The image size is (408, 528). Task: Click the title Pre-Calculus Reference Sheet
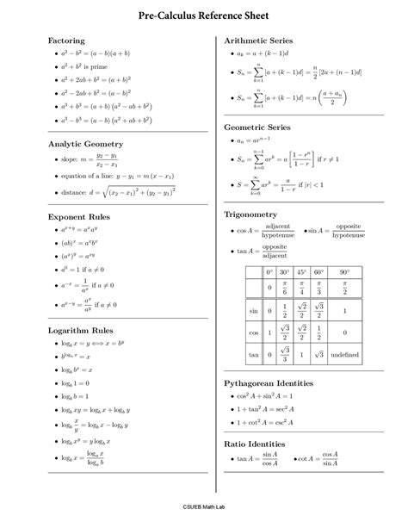[x=204, y=16]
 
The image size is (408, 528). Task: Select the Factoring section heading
[x=66, y=40]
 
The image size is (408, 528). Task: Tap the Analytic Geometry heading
[x=85, y=144]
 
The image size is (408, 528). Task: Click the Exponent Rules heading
[x=78, y=218]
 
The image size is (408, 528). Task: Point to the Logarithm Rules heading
[x=82, y=330]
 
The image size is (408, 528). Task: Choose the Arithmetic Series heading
[x=258, y=40]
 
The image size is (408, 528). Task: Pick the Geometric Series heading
[x=257, y=127]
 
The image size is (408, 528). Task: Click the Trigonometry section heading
[x=250, y=213]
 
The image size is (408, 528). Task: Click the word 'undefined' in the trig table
[x=344, y=355]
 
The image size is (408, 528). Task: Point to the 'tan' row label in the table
[x=254, y=355]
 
